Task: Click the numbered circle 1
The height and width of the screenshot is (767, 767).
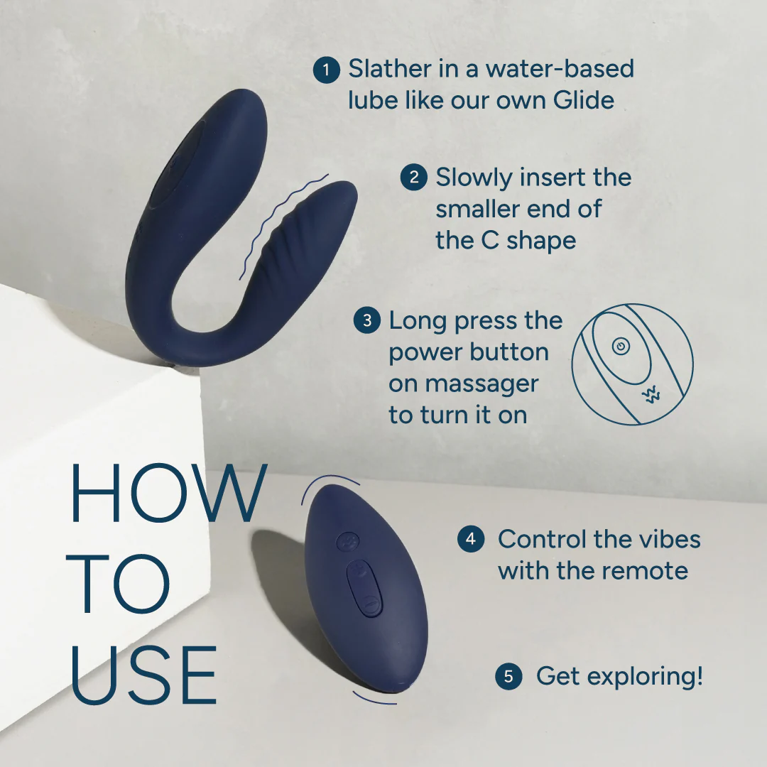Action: pos(326,70)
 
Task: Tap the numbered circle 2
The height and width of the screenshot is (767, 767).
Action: pos(413,177)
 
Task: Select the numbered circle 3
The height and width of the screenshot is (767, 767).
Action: pos(366,320)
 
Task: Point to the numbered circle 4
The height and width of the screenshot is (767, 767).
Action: pos(470,539)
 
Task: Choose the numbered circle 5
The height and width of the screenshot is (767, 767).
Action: pos(508,676)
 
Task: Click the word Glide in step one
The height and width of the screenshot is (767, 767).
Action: pos(583,100)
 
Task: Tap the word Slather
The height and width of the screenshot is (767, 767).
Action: pos(389,70)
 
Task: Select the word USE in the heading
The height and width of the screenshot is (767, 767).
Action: pos(144,675)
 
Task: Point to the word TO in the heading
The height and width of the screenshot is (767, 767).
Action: pos(120,584)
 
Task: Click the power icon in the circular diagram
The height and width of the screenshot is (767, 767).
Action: pos(621,347)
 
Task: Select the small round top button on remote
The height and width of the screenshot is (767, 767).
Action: pos(347,540)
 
